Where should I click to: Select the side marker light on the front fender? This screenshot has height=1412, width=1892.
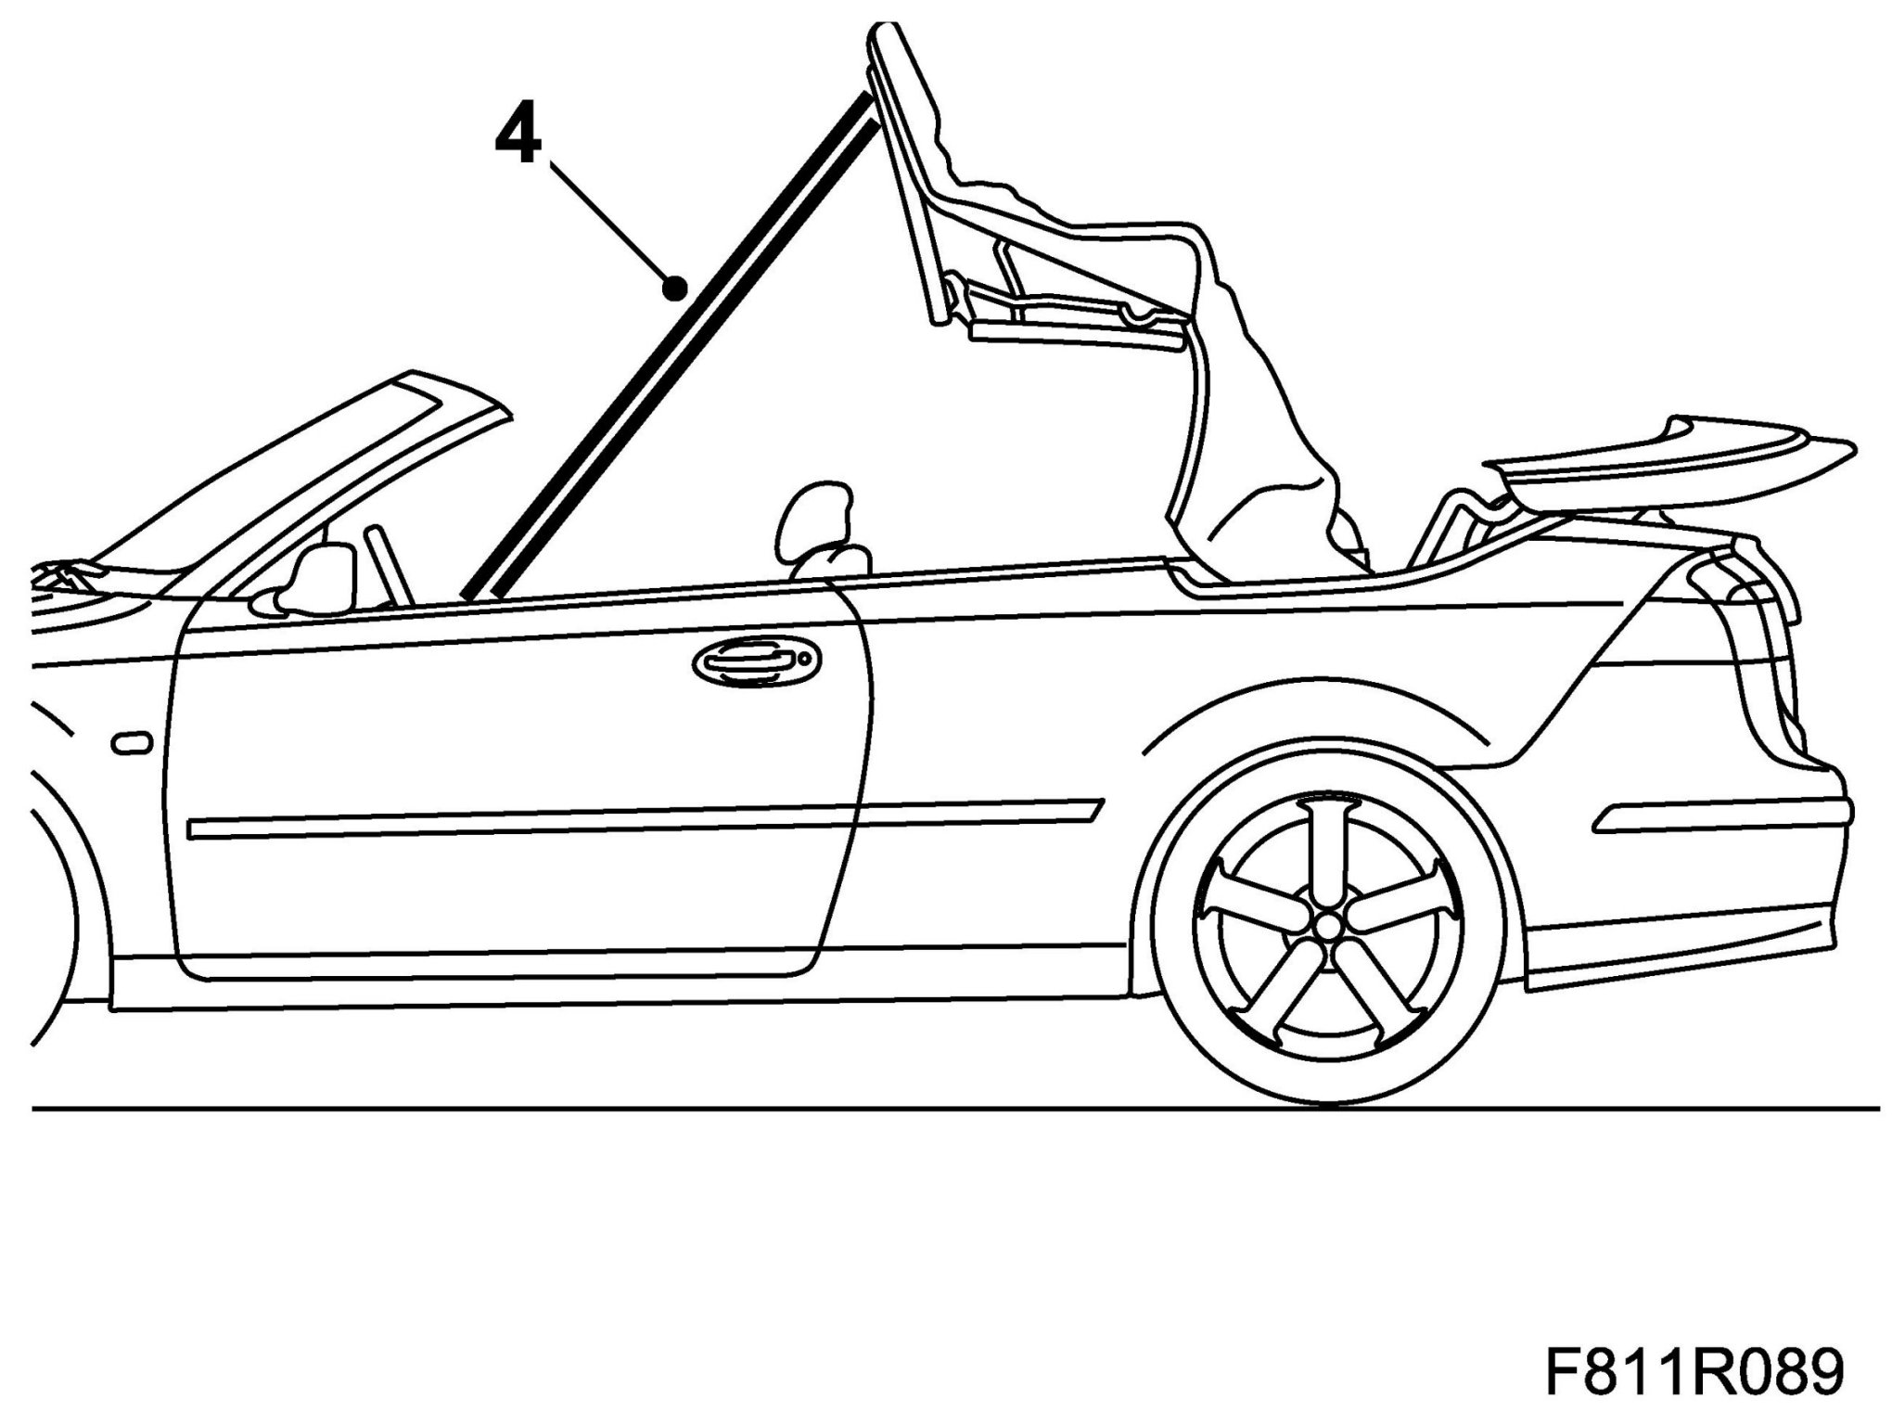pos(131,743)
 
